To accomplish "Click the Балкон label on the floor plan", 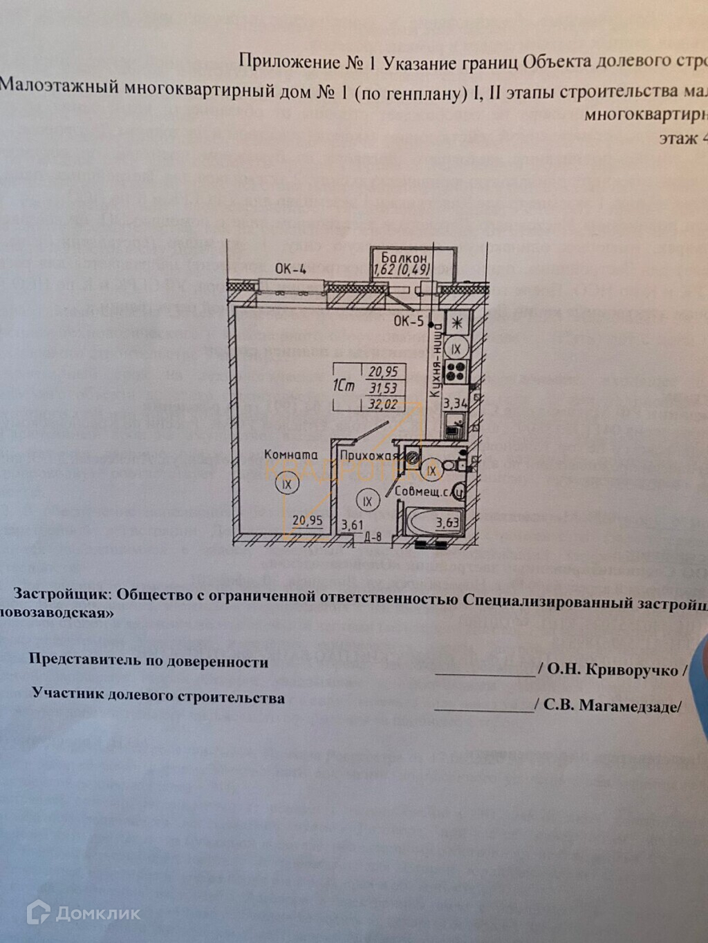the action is pyautogui.click(x=404, y=257).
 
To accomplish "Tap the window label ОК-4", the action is pyautogui.click(x=290, y=269).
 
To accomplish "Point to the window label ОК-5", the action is pyautogui.click(x=408, y=321).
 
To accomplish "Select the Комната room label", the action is pyautogui.click(x=291, y=454).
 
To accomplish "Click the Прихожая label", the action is pyautogui.click(x=369, y=455).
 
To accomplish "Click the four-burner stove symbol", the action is pyautogui.click(x=456, y=372).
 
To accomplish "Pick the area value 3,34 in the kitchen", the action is pyautogui.click(x=456, y=403).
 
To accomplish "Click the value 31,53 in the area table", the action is pyautogui.click(x=382, y=388).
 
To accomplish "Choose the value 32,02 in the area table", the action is pyautogui.click(x=382, y=404).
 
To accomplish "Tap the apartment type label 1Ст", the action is pyautogui.click(x=344, y=385).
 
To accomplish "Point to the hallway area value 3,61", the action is pyautogui.click(x=352, y=524).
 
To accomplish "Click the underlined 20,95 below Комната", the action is pyautogui.click(x=307, y=521).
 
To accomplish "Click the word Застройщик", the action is pyautogui.click(x=61, y=593).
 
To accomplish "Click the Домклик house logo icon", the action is pyautogui.click(x=38, y=913).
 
